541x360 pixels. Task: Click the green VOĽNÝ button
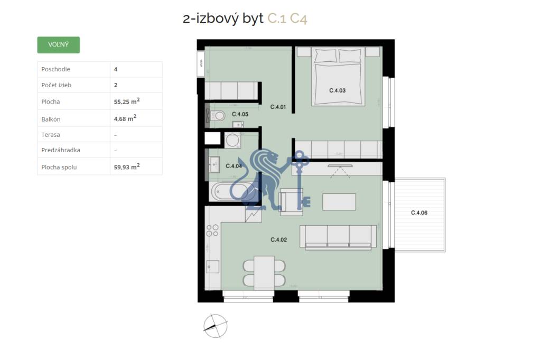[x=58, y=45]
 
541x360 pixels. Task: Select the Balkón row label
[x=51, y=119]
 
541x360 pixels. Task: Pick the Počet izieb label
[x=57, y=85]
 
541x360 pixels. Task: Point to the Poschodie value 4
[x=116, y=69]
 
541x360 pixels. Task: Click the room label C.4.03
[x=337, y=90]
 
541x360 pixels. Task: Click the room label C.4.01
[x=277, y=107]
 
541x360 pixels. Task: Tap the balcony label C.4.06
[x=419, y=214]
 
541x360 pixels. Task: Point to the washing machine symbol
[x=232, y=140]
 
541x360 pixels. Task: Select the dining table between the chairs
[x=264, y=271]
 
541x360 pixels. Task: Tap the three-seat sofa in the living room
[x=338, y=236]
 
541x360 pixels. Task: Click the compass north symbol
[x=215, y=326]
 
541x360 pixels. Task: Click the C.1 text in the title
[x=277, y=19]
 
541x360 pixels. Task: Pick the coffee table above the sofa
[x=339, y=201]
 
